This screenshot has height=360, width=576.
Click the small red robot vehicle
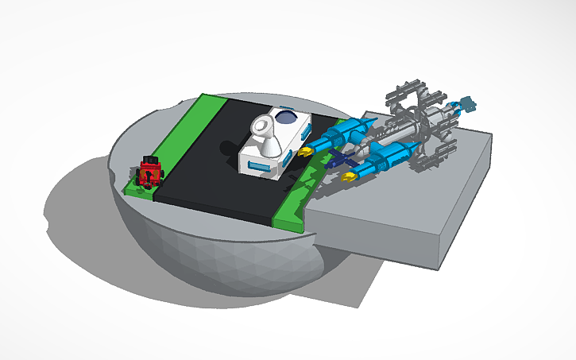149,172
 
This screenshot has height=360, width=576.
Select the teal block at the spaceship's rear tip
467,103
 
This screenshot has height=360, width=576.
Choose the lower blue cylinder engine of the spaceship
389,155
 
